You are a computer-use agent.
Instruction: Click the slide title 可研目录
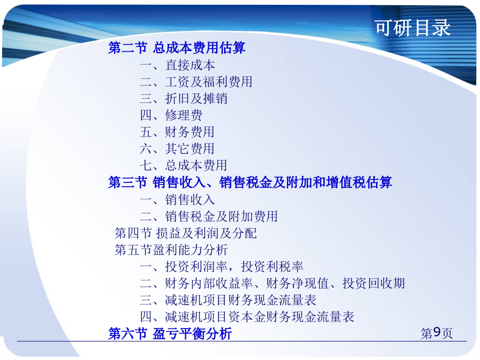coord(413,28)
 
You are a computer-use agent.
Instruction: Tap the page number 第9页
coord(436,333)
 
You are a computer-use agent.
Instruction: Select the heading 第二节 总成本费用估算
coord(177,48)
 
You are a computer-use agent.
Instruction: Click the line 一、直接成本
coord(177,65)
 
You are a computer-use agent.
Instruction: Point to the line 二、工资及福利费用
coord(196,82)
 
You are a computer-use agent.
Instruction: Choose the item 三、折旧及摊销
coord(183,99)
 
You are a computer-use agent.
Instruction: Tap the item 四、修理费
coord(171,115)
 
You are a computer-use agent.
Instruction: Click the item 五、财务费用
coord(177,132)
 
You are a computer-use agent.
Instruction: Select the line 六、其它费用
coord(177,149)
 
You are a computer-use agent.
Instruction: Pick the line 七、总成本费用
coord(183,166)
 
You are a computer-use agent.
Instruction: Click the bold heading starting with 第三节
coord(250,182)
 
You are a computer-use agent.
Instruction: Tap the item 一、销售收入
coord(177,199)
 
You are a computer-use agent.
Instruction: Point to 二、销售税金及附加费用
coord(209,217)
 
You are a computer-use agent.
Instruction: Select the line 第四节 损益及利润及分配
coord(186,233)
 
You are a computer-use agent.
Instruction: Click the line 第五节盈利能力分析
coord(171,250)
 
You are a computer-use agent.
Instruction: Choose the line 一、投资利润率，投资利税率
coord(222,267)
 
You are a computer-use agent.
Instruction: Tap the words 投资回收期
coord(374,284)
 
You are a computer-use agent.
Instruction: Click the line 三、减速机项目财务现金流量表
coord(228,300)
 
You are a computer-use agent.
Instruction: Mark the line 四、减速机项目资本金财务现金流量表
coord(247,317)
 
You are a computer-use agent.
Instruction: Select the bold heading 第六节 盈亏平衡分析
coord(170,334)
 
